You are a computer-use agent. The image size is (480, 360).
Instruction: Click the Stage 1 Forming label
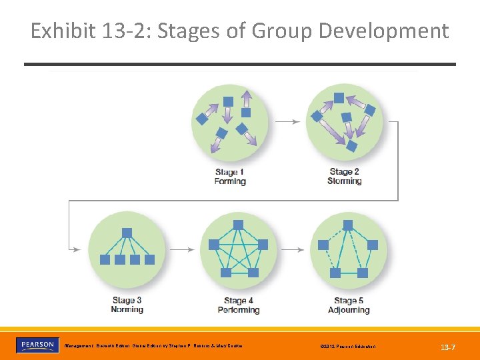point(230,177)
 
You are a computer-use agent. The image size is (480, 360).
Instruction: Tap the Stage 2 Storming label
point(345,177)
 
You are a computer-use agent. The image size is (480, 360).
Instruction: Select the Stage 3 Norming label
point(127,305)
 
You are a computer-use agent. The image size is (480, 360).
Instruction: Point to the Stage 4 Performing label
point(238,305)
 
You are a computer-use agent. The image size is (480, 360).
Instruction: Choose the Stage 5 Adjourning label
point(349,305)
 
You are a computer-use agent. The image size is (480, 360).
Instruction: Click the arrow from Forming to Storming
point(287,121)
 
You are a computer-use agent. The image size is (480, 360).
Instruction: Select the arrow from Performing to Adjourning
point(295,249)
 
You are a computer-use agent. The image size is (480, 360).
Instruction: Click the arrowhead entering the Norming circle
point(77,249)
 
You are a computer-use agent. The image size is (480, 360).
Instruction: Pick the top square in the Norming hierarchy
point(127,233)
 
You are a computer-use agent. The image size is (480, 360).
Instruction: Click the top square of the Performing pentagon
point(238,223)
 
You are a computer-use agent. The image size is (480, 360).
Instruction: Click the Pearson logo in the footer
point(37,345)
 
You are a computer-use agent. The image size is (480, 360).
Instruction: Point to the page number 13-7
point(448,347)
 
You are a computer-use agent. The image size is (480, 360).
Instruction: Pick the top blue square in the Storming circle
point(339,98)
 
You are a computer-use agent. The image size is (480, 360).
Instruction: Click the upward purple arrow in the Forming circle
point(247,99)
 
